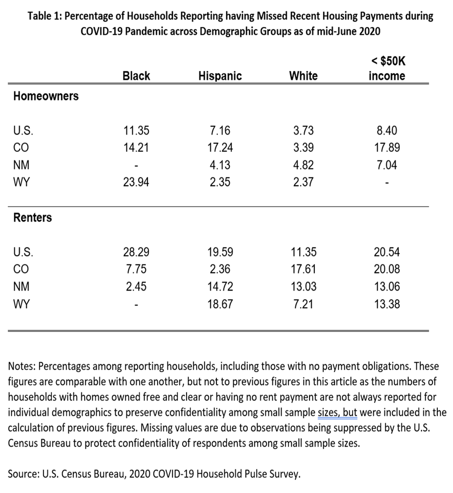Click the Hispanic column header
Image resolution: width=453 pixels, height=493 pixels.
pos(220,76)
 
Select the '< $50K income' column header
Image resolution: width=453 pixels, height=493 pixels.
pos(387,68)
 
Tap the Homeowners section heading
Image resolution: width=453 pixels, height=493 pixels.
pos(46,96)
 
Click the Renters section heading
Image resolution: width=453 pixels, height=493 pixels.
pos(32,217)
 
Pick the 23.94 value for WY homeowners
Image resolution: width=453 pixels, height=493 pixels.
pos(136,182)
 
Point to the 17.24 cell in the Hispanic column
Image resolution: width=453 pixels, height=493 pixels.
pos(220,147)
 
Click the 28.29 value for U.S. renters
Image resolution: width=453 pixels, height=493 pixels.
pos(136,252)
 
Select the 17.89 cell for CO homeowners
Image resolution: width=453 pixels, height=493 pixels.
pos(387,147)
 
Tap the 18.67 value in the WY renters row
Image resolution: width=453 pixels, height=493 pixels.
pos(220,304)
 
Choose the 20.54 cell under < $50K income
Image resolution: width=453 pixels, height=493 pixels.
pos(387,252)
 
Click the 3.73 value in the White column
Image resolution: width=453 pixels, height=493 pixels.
pos(303,131)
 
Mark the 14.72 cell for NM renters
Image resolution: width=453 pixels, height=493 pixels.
pos(220,287)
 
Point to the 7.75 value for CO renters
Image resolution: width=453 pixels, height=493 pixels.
pos(136,269)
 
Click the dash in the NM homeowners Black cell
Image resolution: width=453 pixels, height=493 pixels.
pos(136,165)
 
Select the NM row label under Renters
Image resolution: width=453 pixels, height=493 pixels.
pos(21,287)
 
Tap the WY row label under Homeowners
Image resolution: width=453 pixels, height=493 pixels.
pos(21,182)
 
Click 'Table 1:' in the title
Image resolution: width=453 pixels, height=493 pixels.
pos(45,16)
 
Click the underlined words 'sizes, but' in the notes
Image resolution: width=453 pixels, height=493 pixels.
pos(337,413)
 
